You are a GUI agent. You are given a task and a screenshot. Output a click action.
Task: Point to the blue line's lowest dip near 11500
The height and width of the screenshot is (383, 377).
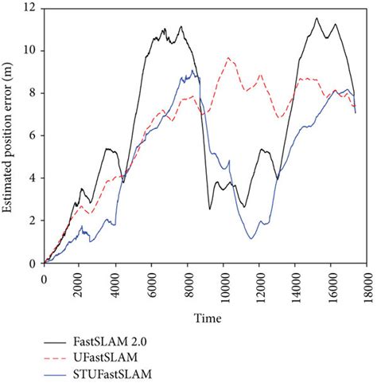(x=251, y=238)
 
